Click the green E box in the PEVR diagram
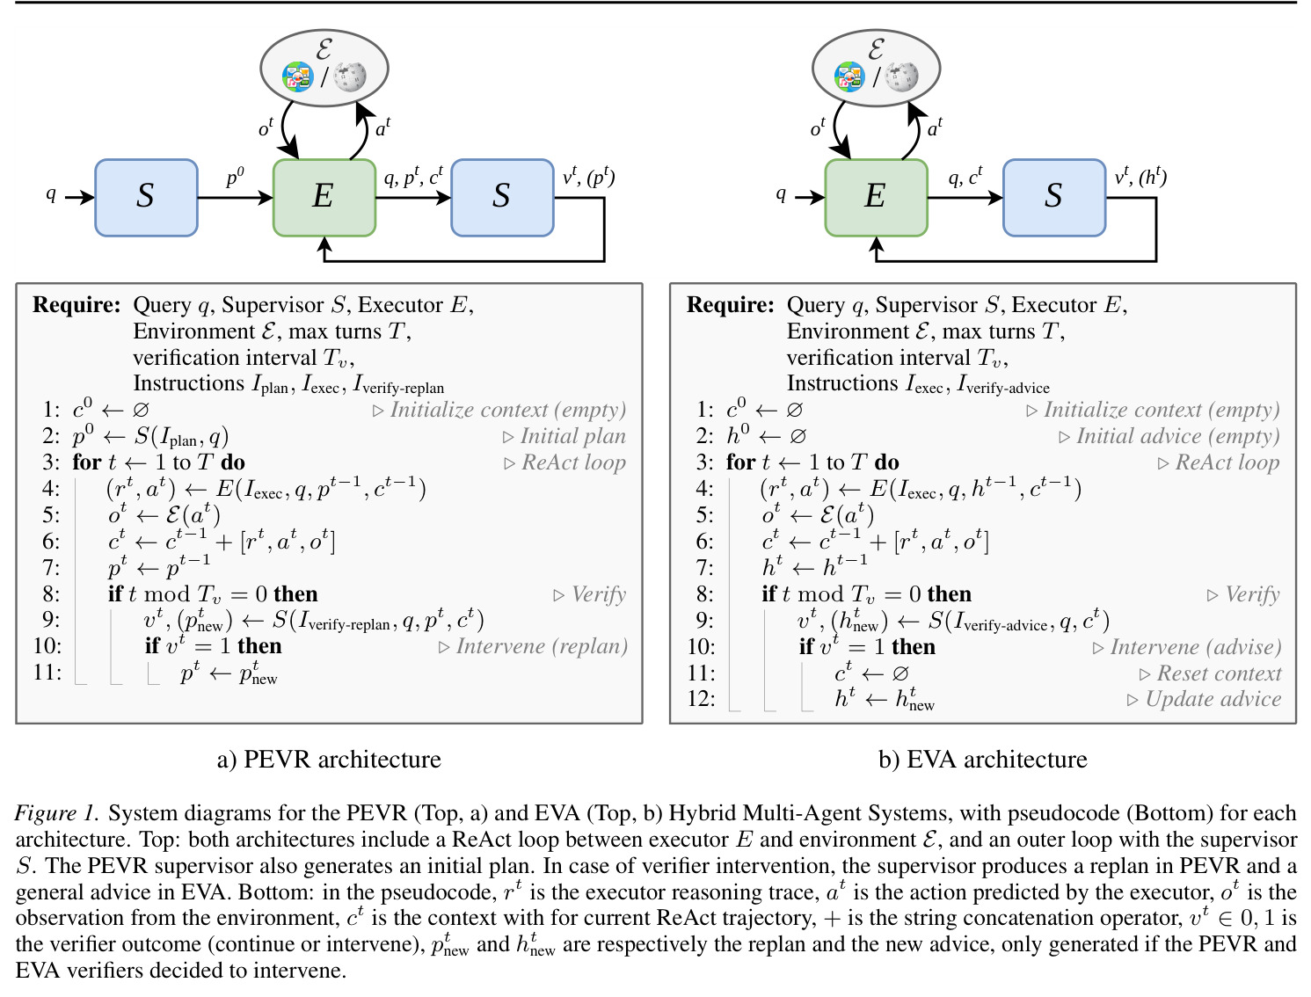(x=324, y=198)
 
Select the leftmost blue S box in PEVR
(x=146, y=198)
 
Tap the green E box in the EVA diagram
(x=876, y=198)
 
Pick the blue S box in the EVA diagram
(x=1054, y=198)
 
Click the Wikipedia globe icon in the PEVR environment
(x=350, y=76)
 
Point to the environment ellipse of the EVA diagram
(x=876, y=68)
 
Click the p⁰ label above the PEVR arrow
(x=236, y=177)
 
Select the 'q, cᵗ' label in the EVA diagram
(x=965, y=177)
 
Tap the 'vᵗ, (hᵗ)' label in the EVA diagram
(x=1140, y=178)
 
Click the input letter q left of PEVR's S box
(x=51, y=194)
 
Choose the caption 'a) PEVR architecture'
(x=329, y=760)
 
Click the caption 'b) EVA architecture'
(x=982, y=760)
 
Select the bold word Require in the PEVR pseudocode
(x=76, y=304)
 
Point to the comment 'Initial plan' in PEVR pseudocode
(x=572, y=436)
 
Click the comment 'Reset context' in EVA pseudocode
(x=1219, y=673)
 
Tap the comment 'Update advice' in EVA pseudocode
(x=1213, y=699)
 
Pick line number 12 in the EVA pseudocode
(x=701, y=699)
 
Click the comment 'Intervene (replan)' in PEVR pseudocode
(x=542, y=646)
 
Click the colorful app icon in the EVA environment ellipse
(x=849, y=76)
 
